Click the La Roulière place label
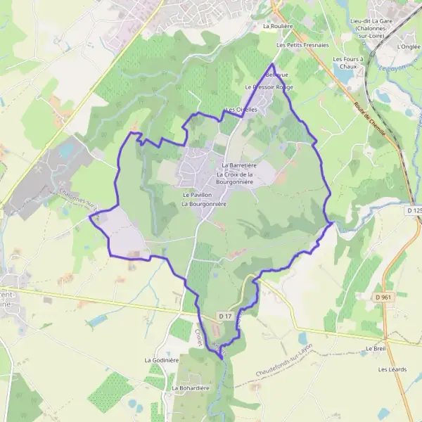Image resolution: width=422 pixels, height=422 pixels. tap(277, 26)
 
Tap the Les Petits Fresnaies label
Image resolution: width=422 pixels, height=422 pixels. tap(302, 45)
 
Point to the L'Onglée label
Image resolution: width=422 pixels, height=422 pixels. tap(407, 46)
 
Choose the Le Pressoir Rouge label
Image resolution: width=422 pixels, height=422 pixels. tap(268, 87)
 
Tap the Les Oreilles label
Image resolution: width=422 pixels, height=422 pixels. tap(241, 110)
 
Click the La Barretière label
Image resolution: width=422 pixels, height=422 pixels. tap(238, 165)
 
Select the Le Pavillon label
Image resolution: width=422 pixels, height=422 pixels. tap(197, 194)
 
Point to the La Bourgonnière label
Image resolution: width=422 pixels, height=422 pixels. tap(203, 204)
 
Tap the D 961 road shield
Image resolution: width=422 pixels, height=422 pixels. tap(382, 297)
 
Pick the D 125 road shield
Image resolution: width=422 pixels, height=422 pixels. tap(414, 210)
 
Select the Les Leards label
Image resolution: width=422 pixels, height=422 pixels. tap(392, 369)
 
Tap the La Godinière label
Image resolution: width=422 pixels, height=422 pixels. tap(162, 360)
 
